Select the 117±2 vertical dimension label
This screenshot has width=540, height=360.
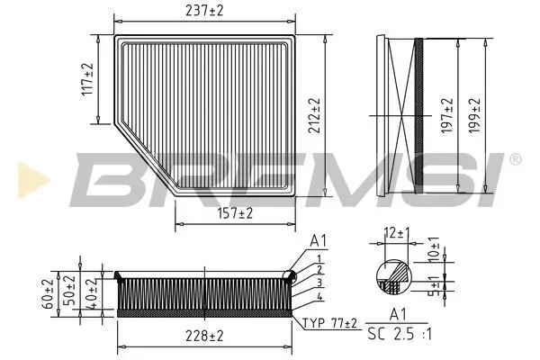pyautogui.click(x=87, y=80)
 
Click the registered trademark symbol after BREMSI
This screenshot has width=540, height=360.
pyautogui.click(x=515, y=159)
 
